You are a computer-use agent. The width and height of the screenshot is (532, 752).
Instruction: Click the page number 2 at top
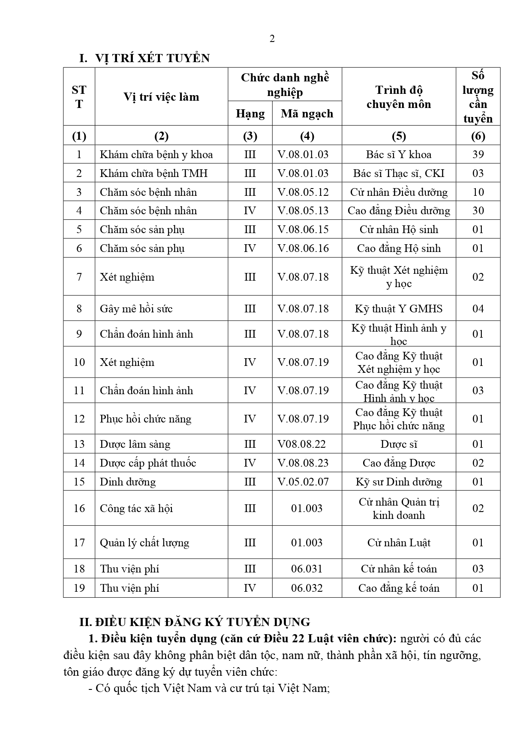click(x=272, y=39)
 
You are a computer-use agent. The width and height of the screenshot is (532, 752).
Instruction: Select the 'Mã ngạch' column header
click(x=307, y=114)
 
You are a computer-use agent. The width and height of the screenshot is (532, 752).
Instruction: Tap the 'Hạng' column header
click(x=250, y=114)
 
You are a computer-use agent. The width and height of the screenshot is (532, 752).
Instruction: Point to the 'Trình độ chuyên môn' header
click(x=399, y=97)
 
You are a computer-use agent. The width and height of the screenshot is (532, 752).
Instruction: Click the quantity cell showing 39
click(x=478, y=154)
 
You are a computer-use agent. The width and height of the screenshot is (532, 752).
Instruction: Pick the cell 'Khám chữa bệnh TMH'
click(x=153, y=173)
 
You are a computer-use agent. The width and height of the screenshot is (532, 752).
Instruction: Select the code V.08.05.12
click(x=303, y=192)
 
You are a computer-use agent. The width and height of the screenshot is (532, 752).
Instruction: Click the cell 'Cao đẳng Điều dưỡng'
click(x=399, y=210)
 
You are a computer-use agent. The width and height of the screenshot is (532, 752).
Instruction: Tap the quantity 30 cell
click(x=478, y=210)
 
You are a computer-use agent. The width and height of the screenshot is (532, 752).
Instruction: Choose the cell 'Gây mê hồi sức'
click(x=136, y=309)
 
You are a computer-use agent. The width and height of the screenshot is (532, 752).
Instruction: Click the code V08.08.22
click(x=302, y=444)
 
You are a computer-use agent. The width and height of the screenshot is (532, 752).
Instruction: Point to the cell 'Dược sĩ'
click(x=399, y=444)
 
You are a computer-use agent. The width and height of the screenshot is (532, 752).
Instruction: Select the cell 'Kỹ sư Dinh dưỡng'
click(x=399, y=482)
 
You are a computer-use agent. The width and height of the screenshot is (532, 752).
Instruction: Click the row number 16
click(x=79, y=508)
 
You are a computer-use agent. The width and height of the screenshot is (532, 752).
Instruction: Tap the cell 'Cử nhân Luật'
click(x=399, y=542)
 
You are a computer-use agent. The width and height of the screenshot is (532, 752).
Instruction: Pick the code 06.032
click(x=307, y=588)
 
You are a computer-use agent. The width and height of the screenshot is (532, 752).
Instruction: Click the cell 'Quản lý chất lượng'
click(x=144, y=542)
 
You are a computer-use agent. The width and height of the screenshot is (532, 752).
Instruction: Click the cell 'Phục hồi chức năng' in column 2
click(x=146, y=419)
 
